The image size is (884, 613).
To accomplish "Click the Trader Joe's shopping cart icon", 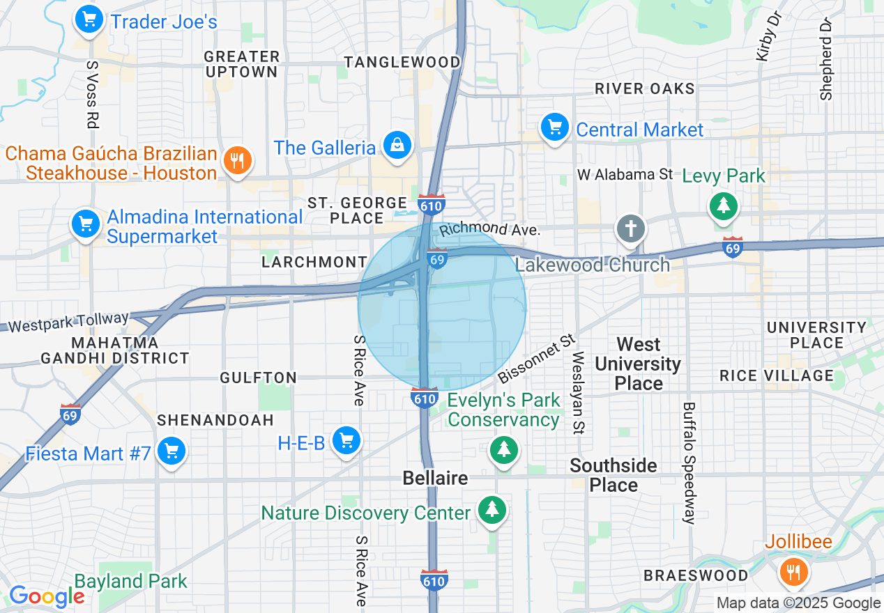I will [89, 20].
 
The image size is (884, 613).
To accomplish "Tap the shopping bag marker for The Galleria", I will [397, 146].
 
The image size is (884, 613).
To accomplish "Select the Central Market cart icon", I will [555, 127].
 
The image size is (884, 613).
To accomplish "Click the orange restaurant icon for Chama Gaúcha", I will [238, 161].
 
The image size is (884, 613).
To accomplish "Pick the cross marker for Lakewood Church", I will [630, 228].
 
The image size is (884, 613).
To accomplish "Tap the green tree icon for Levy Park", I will [724, 205].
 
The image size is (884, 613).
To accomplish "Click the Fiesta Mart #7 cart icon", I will [170, 451].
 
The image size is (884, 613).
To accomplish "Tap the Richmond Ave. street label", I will [489, 229].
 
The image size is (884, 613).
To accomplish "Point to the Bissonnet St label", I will [537, 359].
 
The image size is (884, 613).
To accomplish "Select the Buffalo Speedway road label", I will [689, 463].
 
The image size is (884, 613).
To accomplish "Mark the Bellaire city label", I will [436, 479].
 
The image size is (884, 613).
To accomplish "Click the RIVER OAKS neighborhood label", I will [644, 88].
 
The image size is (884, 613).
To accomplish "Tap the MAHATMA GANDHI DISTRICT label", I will [115, 351].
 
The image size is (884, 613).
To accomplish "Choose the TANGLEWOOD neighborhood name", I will [402, 62].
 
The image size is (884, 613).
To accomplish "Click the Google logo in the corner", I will [46, 596].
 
